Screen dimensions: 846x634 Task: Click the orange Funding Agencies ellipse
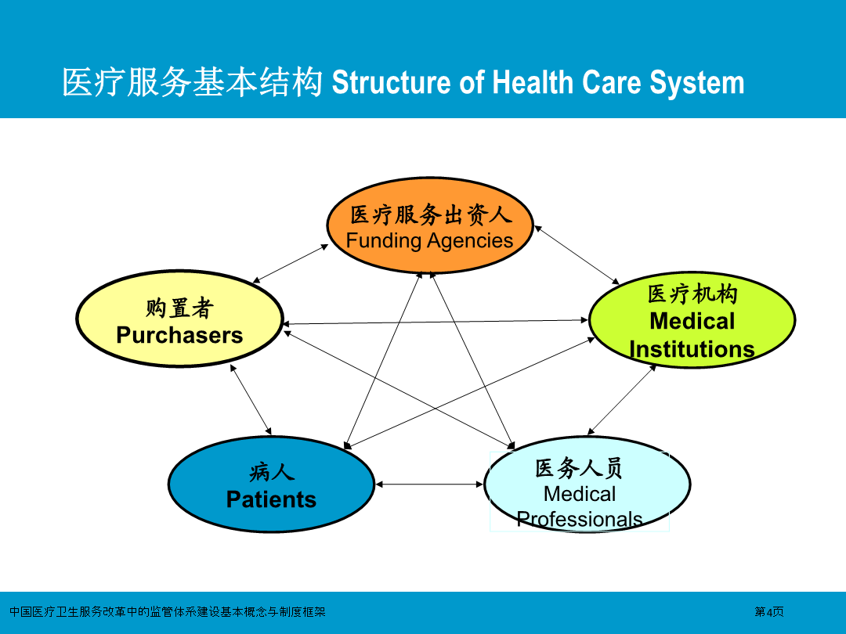430,225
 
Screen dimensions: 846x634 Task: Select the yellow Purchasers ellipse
179,319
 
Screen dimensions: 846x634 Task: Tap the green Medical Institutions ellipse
692,320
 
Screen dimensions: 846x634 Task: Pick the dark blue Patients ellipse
271,485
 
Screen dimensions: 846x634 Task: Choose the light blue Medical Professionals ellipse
587,485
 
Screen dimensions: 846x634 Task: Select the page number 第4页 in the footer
769,612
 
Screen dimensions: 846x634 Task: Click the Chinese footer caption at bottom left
168,612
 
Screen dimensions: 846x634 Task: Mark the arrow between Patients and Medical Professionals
429,485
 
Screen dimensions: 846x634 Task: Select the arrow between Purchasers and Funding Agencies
291,264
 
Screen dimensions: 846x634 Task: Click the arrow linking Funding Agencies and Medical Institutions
577,255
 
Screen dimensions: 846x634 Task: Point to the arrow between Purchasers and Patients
251,399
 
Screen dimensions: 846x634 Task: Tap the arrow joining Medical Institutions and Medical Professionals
622,399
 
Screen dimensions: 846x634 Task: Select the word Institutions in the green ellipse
692,349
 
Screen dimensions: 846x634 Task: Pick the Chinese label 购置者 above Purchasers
179,308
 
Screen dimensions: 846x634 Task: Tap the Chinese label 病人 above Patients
271,472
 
